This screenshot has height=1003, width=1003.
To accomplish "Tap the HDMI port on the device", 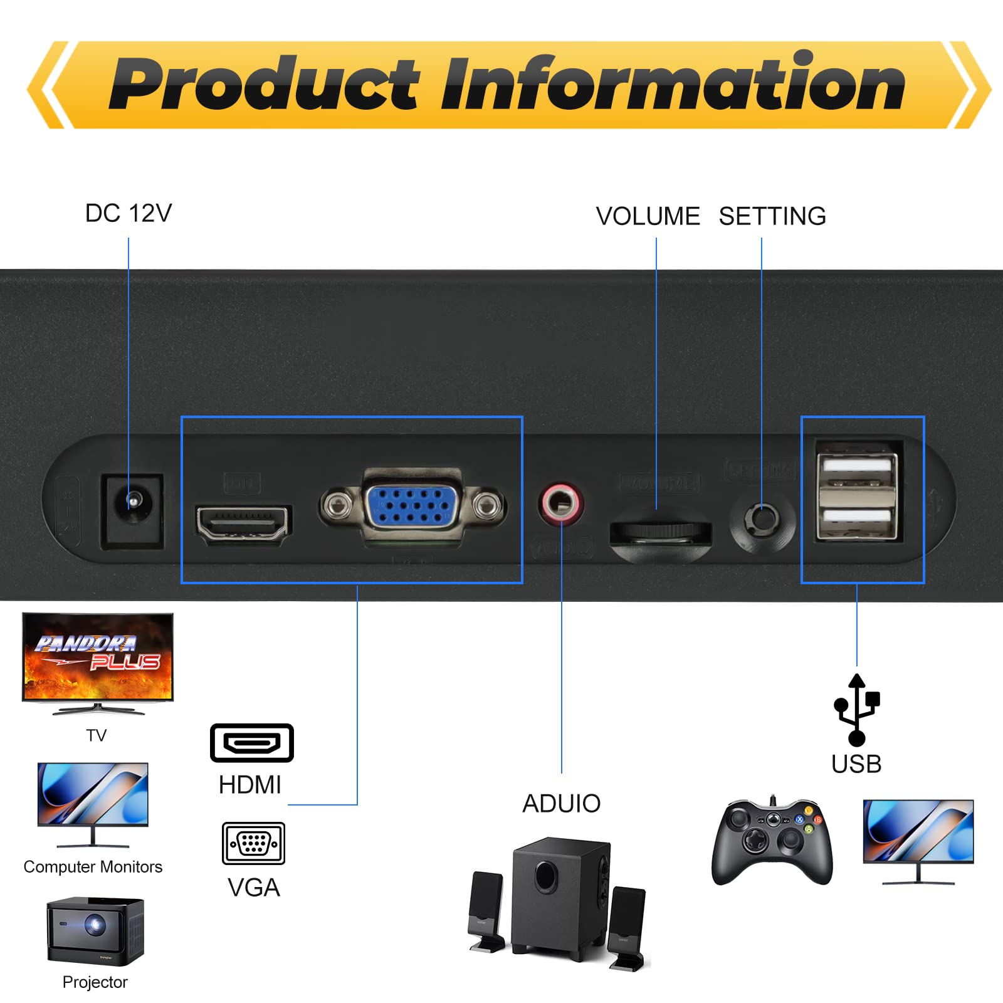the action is tap(243, 522).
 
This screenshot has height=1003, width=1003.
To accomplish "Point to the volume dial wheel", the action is tap(660, 532).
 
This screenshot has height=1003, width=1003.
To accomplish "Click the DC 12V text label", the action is tap(129, 214).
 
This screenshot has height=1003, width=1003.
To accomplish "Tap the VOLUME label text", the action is tap(648, 216).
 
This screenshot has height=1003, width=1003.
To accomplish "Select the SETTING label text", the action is tap(772, 216).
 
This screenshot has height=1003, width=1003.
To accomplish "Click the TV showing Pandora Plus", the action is tap(98, 658).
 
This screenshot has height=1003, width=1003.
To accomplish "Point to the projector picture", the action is tap(95, 931).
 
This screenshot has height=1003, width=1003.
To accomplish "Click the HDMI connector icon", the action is tap(251, 743).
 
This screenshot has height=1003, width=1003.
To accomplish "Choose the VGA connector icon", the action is tap(253, 843).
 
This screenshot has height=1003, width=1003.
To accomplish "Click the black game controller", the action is tap(772, 840).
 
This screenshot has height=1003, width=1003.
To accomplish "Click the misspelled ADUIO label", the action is tap(562, 804).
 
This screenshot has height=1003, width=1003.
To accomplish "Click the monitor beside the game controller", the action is tap(918, 837).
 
